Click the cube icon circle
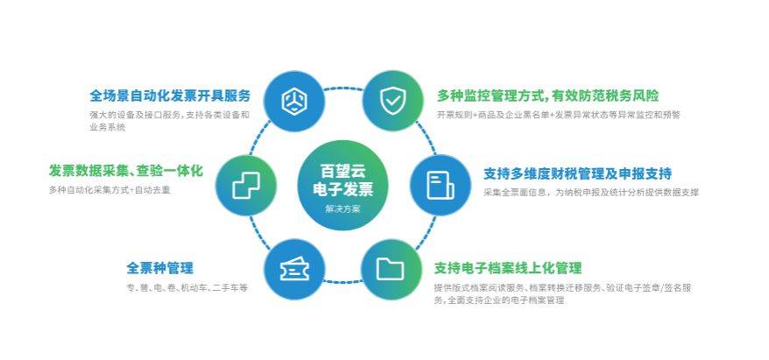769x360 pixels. tap(294, 101)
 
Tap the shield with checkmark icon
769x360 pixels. tap(392, 101)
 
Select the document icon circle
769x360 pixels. tap(440, 186)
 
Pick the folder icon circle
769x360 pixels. tap(392, 269)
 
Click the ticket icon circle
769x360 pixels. tap(294, 269)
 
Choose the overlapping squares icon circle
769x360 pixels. tap(246, 186)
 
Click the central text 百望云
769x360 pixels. tap(342, 171)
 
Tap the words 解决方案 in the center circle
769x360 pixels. tap(342, 208)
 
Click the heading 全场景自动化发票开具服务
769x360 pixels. tap(170, 95)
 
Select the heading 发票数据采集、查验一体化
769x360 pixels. tap(125, 171)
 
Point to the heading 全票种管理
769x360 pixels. tap(160, 268)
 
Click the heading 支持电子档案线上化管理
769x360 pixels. tap(508, 268)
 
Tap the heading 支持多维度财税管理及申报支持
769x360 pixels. tap(577, 173)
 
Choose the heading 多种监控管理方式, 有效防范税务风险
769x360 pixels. tap(547, 95)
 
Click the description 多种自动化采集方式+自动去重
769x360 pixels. tap(109, 190)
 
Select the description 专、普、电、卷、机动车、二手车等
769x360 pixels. tap(187, 287)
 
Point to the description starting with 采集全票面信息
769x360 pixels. tap(591, 192)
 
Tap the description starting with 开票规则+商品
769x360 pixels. tap(559, 115)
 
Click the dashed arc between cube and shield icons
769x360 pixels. tap(343, 88)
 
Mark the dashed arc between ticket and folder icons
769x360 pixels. tap(343, 282)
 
